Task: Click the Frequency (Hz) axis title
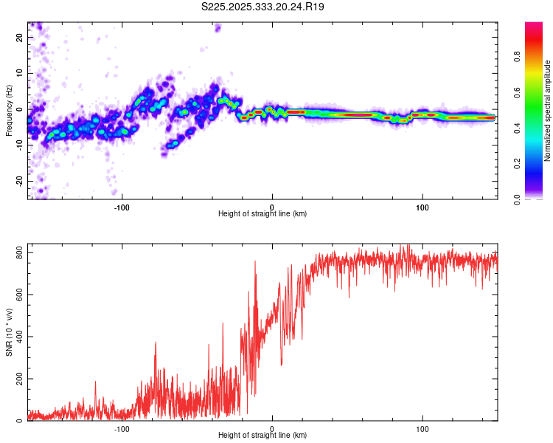[x=9, y=110]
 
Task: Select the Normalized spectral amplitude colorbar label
[x=547, y=110]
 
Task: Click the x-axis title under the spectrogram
[x=262, y=214]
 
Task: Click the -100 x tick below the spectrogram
[x=122, y=207]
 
